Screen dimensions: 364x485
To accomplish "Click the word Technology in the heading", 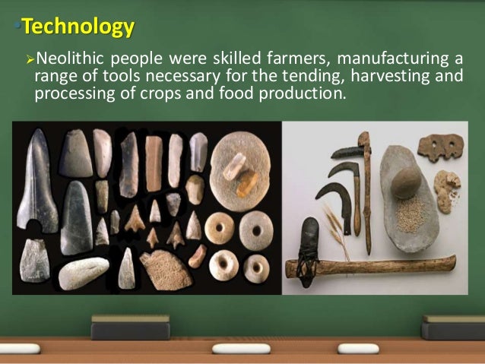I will (78, 28).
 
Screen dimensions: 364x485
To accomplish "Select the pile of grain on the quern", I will (411, 214).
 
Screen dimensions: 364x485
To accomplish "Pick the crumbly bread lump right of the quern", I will (446, 187).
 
